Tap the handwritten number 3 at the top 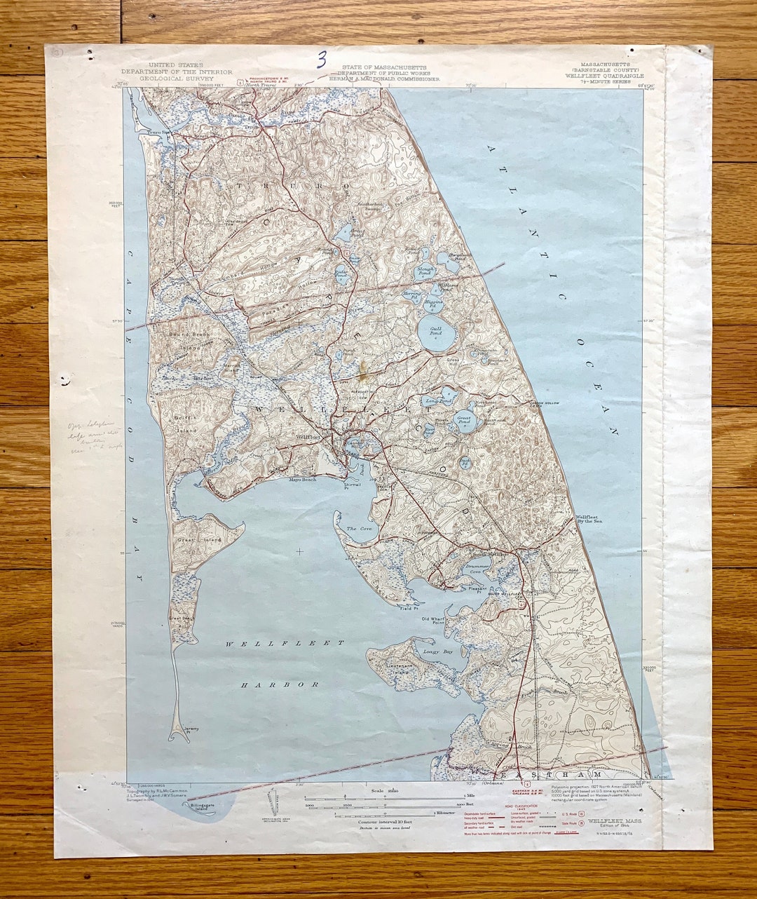(322, 60)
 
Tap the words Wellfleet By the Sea (588, 519)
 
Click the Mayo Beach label (304, 480)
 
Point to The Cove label (357, 528)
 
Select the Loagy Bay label (438, 651)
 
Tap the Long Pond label (431, 401)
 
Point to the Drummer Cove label (477, 569)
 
